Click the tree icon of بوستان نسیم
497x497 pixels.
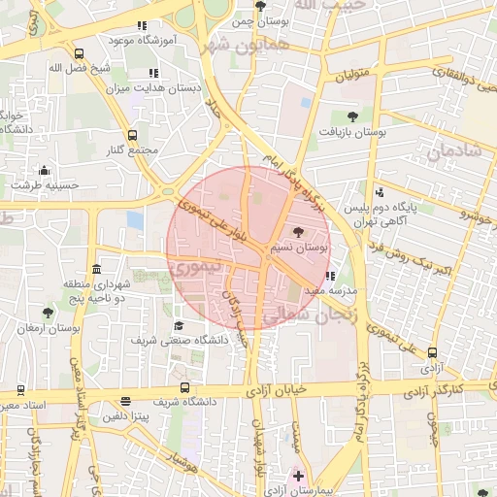pyautogui.click(x=298, y=232)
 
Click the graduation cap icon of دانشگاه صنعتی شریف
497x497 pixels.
pyautogui.click(x=179, y=326)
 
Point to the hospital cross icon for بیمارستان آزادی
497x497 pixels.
pyautogui.click(x=297, y=476)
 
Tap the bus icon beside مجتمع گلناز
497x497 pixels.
pyautogui.click(x=132, y=136)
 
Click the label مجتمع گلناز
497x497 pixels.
pyautogui.click(x=130, y=152)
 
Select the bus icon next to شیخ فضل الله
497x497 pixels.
pyautogui.click(x=78, y=54)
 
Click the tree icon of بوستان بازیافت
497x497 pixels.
pyautogui.click(x=351, y=116)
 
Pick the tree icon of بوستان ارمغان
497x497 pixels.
pyautogui.click(x=48, y=313)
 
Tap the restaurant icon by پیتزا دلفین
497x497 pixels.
pyautogui.click(x=125, y=402)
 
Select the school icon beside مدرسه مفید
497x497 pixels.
pyautogui.click(x=331, y=276)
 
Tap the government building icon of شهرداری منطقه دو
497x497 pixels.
pyautogui.click(x=95, y=269)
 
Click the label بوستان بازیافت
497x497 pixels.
pyautogui.click(x=354, y=132)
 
